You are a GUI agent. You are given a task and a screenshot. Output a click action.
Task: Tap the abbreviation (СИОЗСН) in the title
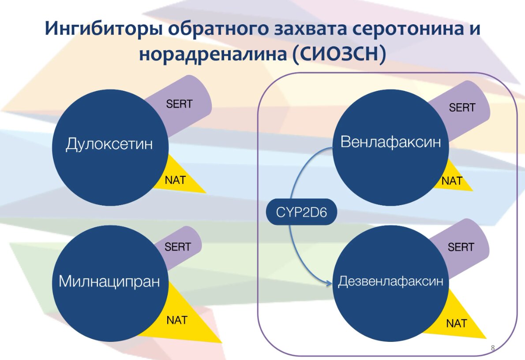[x=339, y=54]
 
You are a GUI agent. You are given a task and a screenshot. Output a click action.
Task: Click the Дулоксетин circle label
[x=109, y=144]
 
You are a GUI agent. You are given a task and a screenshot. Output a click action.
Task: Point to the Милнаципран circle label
[x=109, y=281]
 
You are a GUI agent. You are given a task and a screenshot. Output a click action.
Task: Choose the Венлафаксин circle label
[x=390, y=142]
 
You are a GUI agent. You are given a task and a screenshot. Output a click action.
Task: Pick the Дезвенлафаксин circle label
[x=390, y=281]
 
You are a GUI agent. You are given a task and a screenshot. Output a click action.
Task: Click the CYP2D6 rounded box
[x=301, y=212]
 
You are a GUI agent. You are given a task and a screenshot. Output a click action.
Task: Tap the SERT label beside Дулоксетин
[x=179, y=104]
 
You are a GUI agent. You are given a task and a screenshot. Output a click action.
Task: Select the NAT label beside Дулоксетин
[x=175, y=180]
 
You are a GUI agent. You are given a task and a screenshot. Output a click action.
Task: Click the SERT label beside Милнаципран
[x=177, y=247]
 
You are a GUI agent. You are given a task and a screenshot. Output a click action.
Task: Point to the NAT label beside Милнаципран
[x=177, y=320]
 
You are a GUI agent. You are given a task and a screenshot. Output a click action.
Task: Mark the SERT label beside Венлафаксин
[x=462, y=108]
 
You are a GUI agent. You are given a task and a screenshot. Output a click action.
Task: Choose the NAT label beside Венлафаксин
[x=452, y=181]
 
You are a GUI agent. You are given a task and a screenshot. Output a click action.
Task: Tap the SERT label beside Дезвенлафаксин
[x=461, y=247]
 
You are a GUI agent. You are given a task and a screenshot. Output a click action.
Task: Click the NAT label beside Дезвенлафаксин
[x=456, y=323]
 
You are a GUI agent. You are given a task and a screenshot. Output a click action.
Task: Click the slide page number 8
[x=492, y=348]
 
